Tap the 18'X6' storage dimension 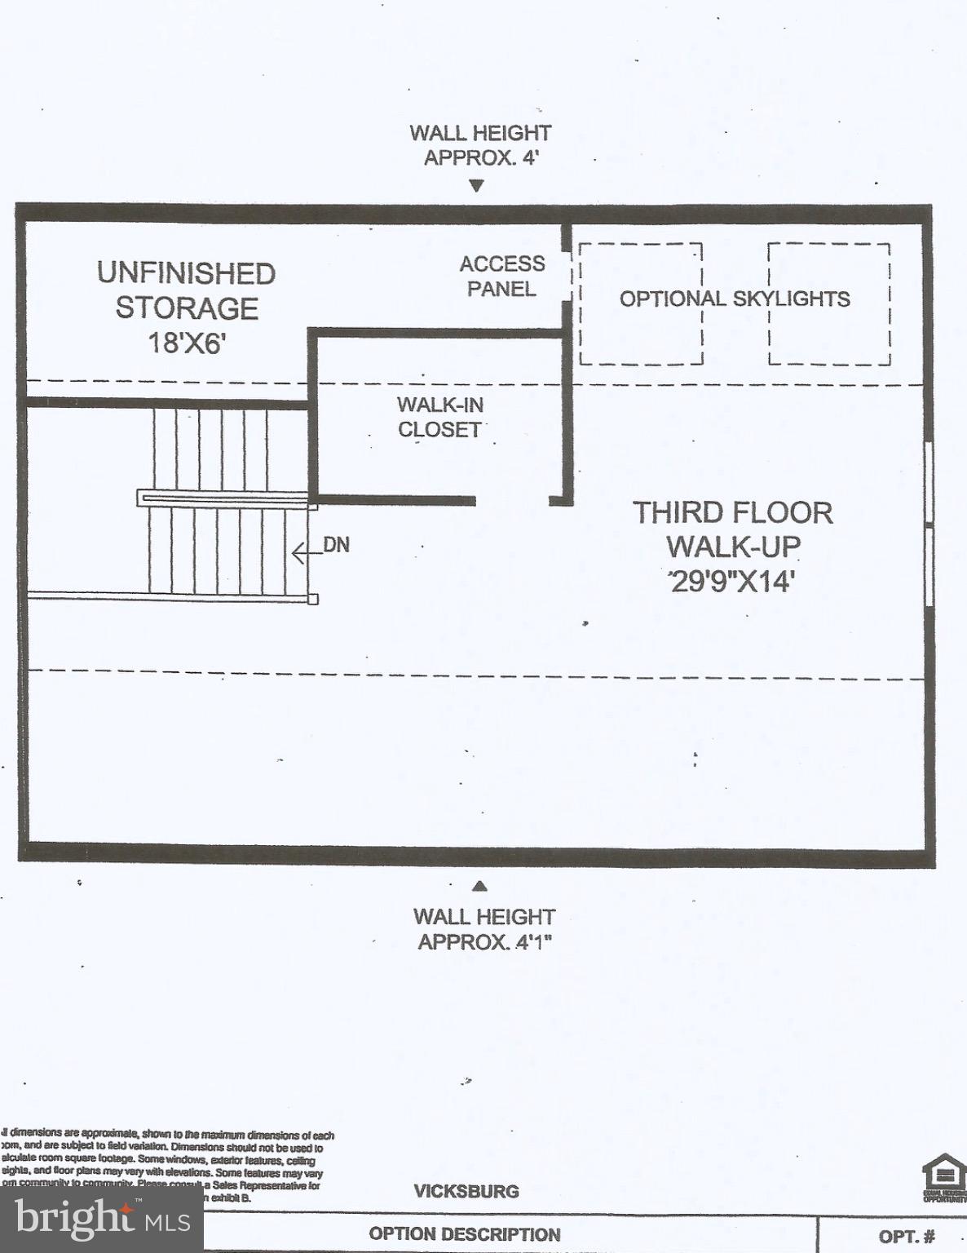186,343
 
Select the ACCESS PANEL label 501,277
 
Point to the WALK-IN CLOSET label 439,417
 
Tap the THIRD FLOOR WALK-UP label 732,529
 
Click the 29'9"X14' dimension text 731,582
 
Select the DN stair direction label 336,545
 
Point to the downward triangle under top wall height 477,185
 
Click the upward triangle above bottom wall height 480,886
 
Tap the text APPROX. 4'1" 484,942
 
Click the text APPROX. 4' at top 480,157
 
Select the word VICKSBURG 466,1191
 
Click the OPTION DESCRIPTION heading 465,1234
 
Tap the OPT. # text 907,1237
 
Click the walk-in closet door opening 512,501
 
